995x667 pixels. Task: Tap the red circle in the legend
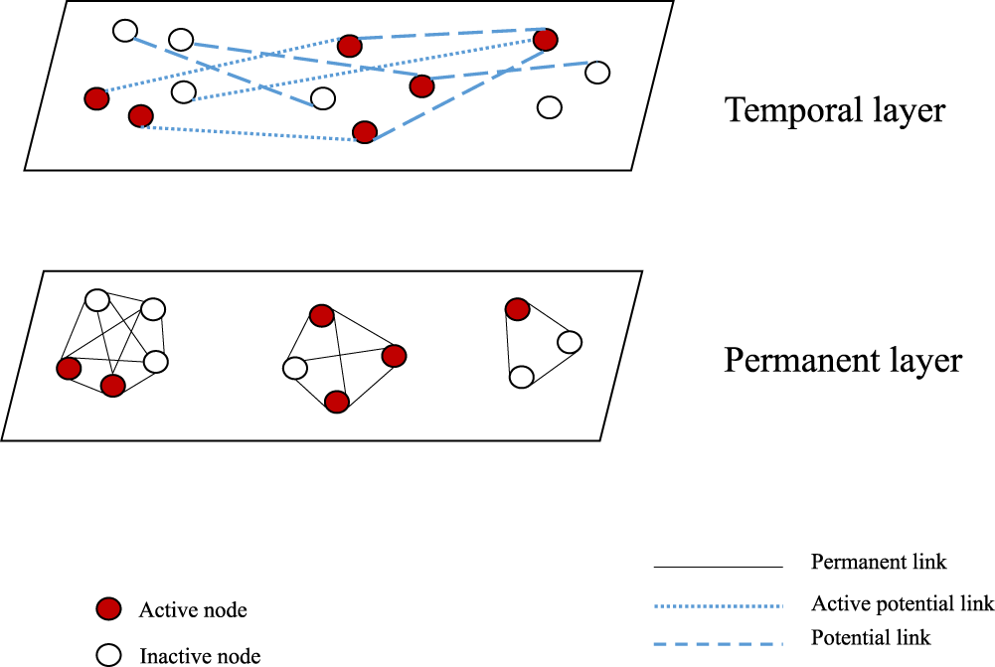point(108,608)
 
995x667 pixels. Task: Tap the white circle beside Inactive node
point(108,655)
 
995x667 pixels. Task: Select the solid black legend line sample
point(718,568)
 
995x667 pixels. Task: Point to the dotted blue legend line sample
point(718,604)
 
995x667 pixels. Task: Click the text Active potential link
point(902,603)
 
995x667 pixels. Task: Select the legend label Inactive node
point(200,656)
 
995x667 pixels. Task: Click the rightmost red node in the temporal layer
point(545,40)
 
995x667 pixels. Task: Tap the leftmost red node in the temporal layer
point(95,98)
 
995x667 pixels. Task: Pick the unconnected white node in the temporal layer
point(550,106)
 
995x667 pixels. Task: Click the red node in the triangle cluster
point(517,309)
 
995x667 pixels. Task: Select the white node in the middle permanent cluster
point(294,369)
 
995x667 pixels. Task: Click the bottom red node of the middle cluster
point(337,402)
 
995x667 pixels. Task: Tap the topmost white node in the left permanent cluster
point(96,299)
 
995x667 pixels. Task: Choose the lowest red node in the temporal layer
point(365,131)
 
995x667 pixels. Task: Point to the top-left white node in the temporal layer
point(124,31)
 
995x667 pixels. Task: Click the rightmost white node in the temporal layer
point(597,73)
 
